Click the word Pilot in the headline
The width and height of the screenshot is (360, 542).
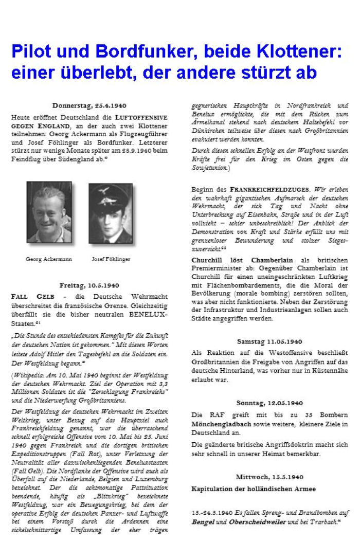pos(31,53)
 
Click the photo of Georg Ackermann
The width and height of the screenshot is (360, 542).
pos(49,212)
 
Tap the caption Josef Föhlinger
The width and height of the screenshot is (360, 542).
pos(111,259)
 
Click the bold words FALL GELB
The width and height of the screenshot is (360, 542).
pos(30,297)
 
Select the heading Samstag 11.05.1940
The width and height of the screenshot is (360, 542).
pos(270,341)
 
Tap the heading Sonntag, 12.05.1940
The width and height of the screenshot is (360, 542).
pos(270,403)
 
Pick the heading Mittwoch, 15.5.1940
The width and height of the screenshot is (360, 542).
pos(270,477)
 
